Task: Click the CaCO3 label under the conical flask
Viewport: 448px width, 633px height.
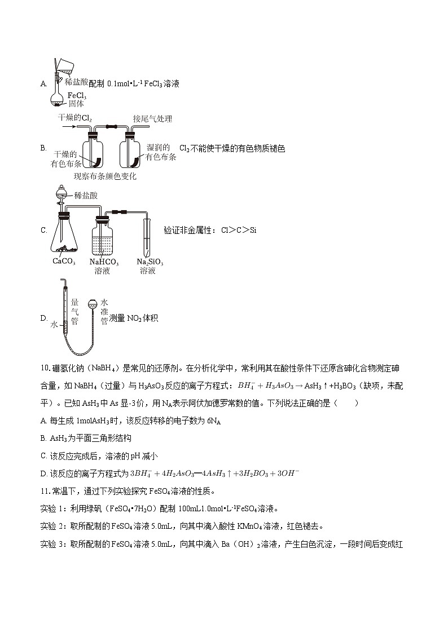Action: point(65,262)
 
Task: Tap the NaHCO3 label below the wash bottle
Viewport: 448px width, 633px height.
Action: point(104,262)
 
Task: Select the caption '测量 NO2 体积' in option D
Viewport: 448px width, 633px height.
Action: point(133,318)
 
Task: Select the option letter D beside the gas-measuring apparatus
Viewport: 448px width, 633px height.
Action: point(43,318)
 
